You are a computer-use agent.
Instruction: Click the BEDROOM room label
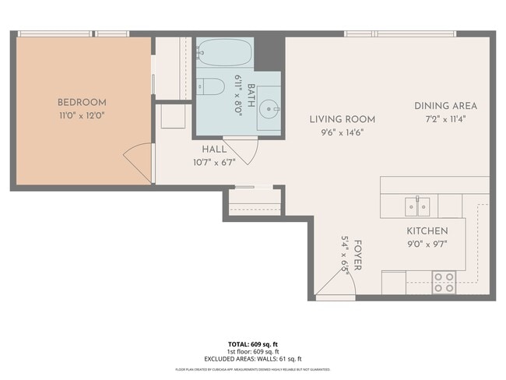click(x=82, y=102)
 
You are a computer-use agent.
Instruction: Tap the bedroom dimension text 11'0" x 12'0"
click(x=82, y=115)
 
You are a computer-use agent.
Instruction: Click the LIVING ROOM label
click(x=342, y=119)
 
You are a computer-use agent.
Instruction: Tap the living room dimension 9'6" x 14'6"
click(x=342, y=132)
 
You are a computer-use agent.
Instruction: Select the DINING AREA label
click(x=445, y=106)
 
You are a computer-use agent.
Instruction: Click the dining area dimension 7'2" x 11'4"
click(x=445, y=118)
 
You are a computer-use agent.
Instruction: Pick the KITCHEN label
click(x=427, y=231)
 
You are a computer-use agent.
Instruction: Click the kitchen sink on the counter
click(x=417, y=206)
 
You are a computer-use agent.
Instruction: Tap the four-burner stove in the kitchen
click(x=444, y=282)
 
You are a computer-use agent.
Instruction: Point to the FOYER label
click(x=357, y=254)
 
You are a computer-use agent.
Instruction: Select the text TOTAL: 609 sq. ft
click(x=252, y=343)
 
